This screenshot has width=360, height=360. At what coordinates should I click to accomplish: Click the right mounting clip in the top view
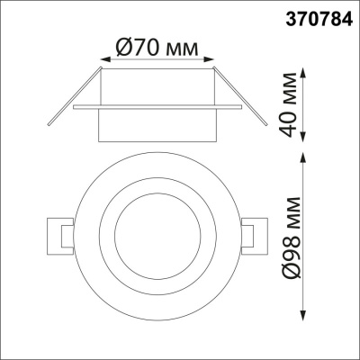(x=256, y=236)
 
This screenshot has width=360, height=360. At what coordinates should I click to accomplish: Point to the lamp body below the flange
(x=158, y=124)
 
